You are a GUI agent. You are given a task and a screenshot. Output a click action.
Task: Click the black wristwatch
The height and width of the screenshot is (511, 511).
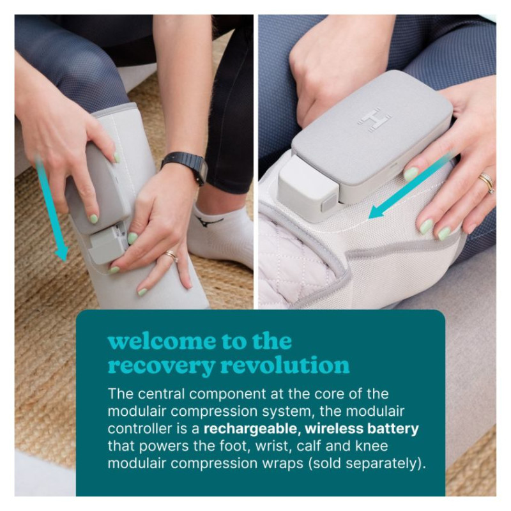coord(185,167)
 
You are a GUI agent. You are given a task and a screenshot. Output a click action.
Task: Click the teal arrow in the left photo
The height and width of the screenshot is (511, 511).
coord(52,209)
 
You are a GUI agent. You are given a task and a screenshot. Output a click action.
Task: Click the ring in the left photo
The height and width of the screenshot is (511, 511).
coord(171,256)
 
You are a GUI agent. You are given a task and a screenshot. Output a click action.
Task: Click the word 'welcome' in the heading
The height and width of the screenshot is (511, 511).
coord(162,341)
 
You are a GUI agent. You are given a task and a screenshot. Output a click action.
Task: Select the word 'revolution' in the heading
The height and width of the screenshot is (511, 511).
coord(285,365)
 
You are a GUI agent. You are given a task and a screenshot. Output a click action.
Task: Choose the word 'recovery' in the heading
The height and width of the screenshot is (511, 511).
coord(162,366)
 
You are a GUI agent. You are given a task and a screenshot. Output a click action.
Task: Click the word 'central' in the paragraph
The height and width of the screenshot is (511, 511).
coord(162,394)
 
